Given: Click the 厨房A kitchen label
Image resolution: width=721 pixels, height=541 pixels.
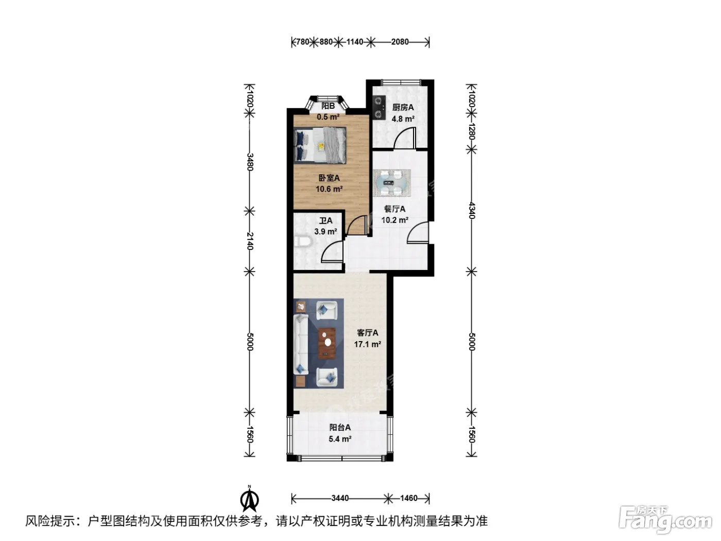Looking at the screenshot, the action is [403, 107].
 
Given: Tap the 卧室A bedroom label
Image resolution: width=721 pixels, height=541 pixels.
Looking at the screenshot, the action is [329, 178].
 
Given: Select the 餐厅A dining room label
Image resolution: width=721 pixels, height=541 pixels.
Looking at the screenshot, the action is [394, 209].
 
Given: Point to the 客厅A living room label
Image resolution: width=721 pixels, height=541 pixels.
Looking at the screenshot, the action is [368, 333].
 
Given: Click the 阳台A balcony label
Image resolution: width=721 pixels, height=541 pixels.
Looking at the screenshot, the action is [340, 427].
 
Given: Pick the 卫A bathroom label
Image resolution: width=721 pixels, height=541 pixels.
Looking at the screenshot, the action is [325, 221].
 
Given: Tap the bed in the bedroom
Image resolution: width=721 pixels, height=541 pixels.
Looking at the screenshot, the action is [320, 145].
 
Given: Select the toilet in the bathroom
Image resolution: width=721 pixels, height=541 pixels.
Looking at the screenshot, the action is [301, 242].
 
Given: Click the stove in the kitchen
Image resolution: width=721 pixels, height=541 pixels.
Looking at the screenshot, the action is [380, 107].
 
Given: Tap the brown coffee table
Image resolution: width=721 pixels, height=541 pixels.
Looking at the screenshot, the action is [327, 343].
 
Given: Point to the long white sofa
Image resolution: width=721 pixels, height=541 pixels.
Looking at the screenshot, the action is [301, 344].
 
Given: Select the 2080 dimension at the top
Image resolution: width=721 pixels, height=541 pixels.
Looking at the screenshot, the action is [400, 42].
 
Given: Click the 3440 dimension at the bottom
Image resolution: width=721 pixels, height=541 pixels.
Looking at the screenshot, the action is [339, 498].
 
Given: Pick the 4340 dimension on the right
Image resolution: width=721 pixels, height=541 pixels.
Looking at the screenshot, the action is [472, 211].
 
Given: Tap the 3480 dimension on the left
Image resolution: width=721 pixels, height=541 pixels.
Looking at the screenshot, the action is [250, 162].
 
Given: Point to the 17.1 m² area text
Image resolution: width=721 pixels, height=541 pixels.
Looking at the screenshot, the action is [368, 344].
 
